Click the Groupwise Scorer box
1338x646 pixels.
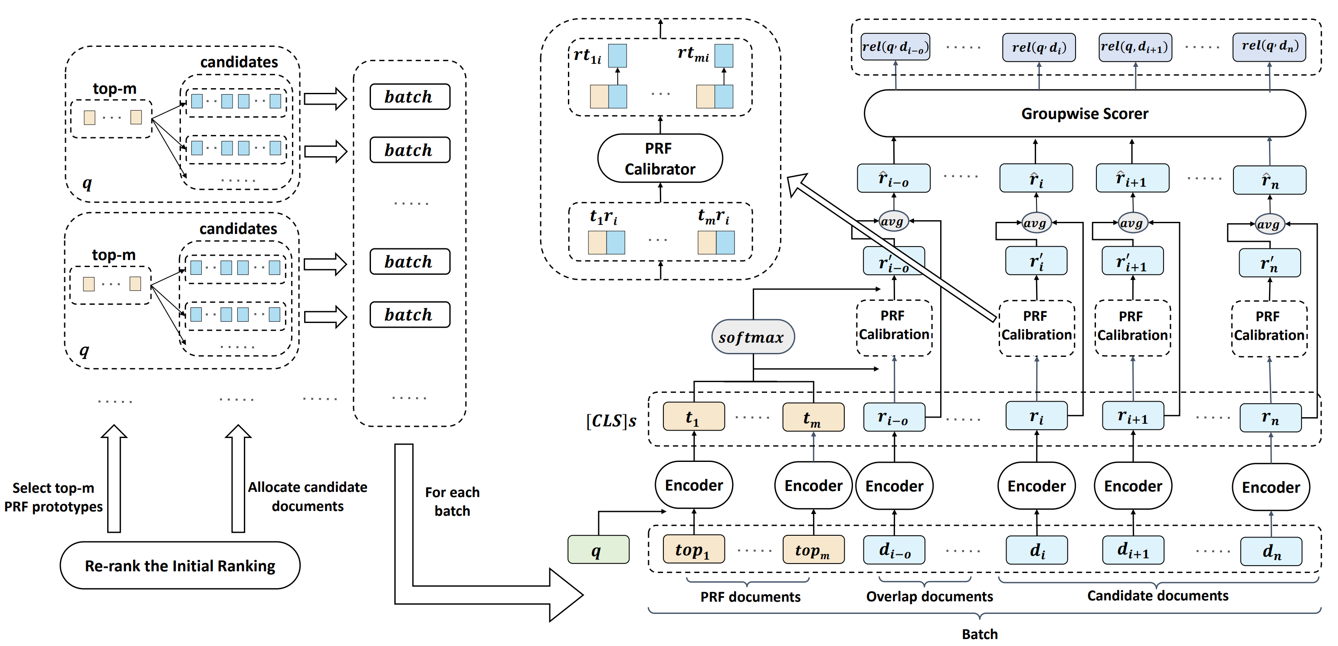click(x=1085, y=114)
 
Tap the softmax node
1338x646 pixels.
click(x=752, y=337)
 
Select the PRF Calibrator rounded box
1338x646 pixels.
click(x=659, y=158)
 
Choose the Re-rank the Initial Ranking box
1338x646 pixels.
click(x=180, y=565)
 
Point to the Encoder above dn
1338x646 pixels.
click(x=1270, y=487)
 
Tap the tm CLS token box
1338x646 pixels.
click(x=813, y=417)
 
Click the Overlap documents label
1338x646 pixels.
click(x=929, y=597)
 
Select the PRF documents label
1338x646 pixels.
click(x=750, y=597)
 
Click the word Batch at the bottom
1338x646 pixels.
click(x=980, y=634)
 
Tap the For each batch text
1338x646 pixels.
click(x=452, y=501)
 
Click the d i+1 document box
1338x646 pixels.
click(x=1133, y=550)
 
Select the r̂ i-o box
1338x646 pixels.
click(x=893, y=179)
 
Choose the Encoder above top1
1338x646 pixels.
click(x=694, y=485)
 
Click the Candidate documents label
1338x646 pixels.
click(x=1158, y=596)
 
